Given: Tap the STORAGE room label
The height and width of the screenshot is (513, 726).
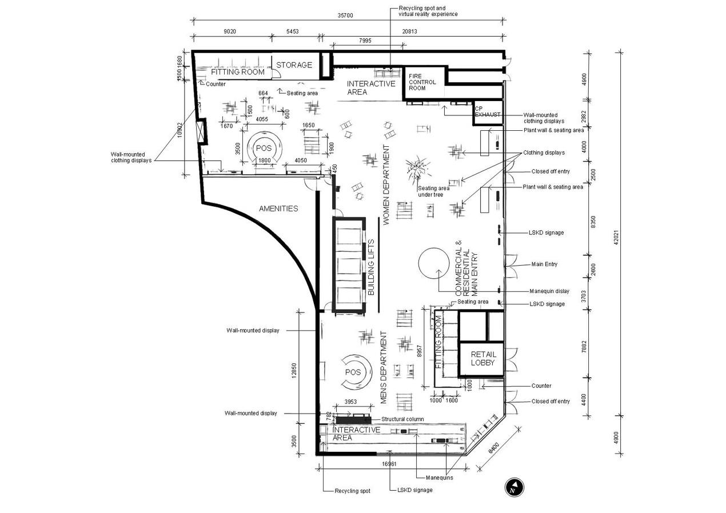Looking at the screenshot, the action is pos(294,65).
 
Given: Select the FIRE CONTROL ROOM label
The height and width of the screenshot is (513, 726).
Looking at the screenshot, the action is pos(422,82).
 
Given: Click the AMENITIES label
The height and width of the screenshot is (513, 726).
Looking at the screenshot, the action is pos(278,209).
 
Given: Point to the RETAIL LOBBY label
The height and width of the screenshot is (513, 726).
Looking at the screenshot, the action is pos(483,359).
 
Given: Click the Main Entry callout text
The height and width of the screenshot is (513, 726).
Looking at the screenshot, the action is pos(544,264).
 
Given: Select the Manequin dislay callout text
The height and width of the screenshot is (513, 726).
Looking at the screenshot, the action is pos(549,291).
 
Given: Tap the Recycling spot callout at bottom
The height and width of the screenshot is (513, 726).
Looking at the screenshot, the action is pos(352,491).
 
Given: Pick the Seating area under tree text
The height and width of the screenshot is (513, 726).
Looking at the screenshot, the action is pos(433,191).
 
